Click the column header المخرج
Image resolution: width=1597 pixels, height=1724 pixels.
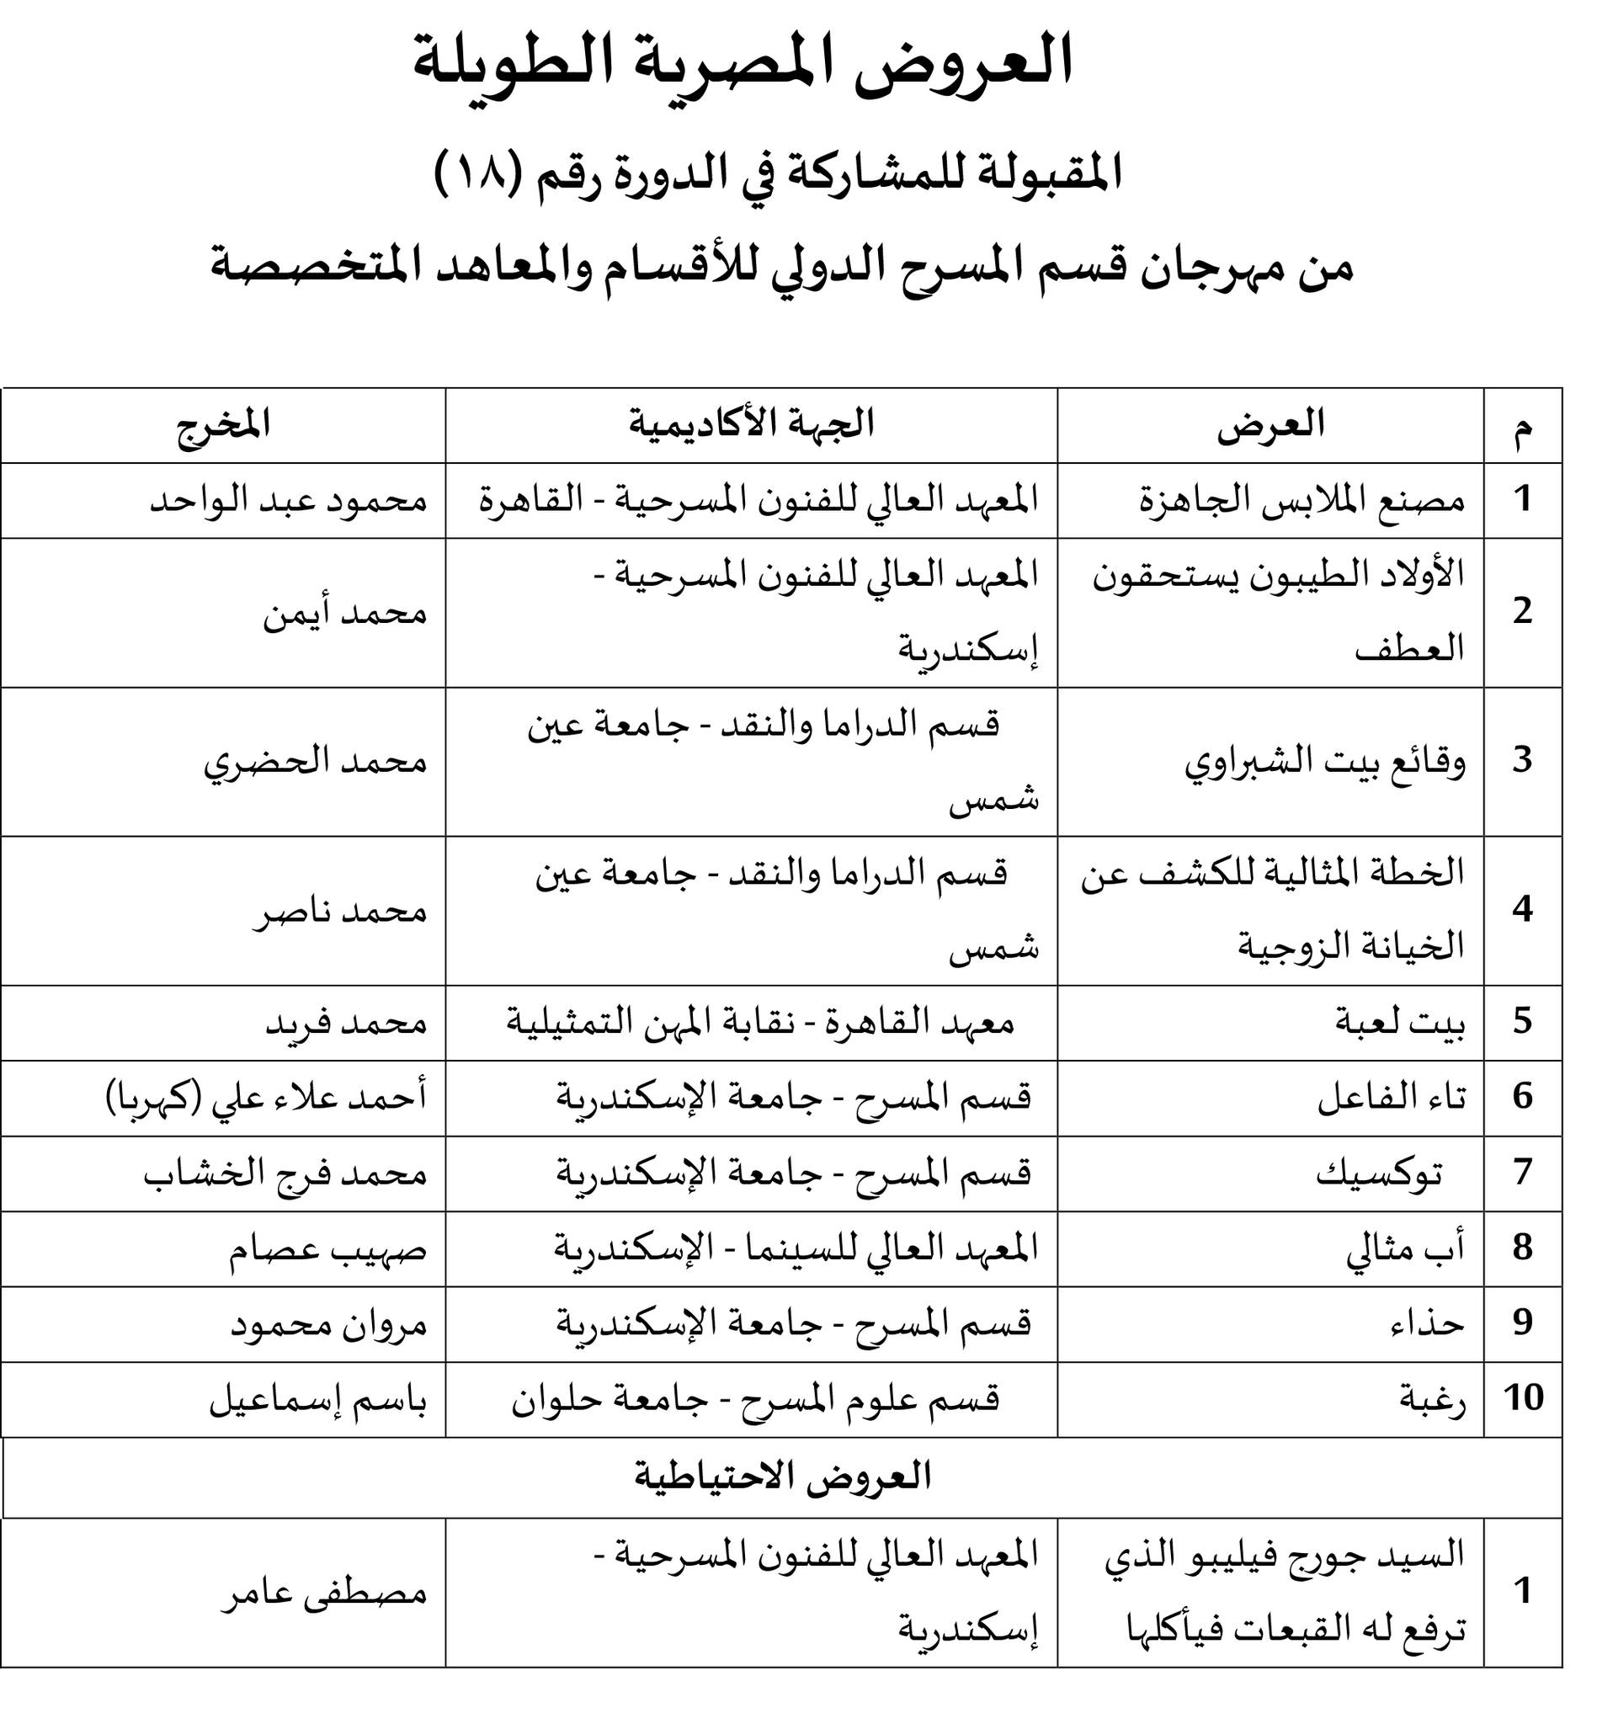[x=223, y=425]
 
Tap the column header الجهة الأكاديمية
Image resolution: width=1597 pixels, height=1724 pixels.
[x=751, y=425]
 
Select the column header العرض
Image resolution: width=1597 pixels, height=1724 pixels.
[x=1270, y=425]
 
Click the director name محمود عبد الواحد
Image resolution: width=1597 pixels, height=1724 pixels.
[x=289, y=501]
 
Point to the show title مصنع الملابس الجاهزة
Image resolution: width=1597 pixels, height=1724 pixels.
[x=1302, y=501]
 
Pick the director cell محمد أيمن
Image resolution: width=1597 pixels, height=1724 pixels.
[x=345, y=614]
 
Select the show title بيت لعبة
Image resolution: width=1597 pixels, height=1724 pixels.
[x=1399, y=1023]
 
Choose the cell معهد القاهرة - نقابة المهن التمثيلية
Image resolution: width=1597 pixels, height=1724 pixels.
[x=759, y=1023]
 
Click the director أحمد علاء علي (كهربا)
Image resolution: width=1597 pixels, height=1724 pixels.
[x=266, y=1099]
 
